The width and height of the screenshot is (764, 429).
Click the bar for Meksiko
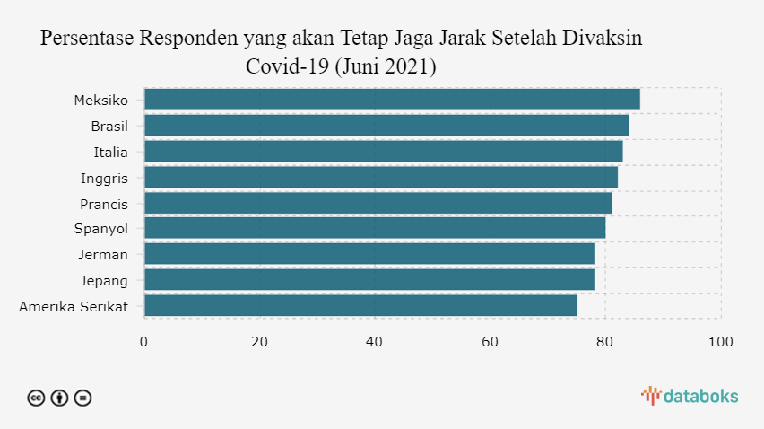point(392,100)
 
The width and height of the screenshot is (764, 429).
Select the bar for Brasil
point(386,126)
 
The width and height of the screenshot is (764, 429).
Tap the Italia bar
point(383,151)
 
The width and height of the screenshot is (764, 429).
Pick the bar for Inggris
point(380,177)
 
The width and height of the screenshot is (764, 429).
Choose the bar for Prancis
point(378,203)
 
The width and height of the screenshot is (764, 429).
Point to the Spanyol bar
point(375,228)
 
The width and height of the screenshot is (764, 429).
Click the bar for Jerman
point(369,254)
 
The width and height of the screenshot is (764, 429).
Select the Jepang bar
point(369,280)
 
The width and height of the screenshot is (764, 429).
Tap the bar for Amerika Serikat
point(360,305)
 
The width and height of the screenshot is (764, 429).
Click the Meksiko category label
point(100,100)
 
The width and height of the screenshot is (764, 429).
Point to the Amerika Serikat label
point(74,306)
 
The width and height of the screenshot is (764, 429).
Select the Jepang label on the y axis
point(104,280)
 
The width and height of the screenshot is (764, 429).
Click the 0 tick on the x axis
point(143,342)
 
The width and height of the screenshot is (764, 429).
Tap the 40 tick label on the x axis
point(375,342)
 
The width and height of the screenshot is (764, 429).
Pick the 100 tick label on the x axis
point(721,342)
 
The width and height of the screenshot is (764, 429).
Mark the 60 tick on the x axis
point(490,342)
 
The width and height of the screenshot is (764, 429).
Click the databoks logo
point(690,396)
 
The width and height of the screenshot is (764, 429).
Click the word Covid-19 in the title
point(286,67)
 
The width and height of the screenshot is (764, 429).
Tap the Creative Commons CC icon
point(36,398)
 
